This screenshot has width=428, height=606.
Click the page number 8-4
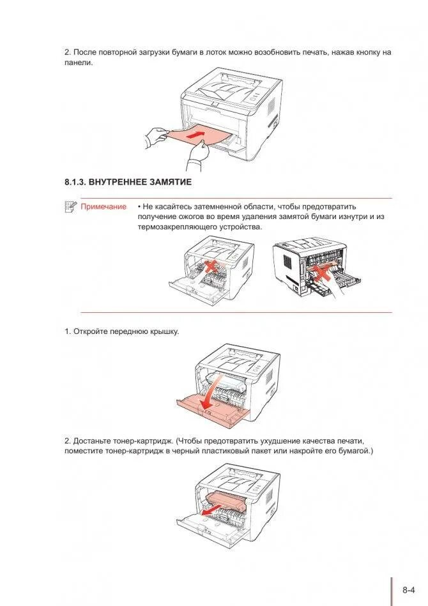(x=409, y=590)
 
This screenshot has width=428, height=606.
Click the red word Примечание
(x=103, y=207)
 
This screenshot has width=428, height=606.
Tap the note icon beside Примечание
(x=70, y=206)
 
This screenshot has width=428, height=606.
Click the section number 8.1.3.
(x=75, y=182)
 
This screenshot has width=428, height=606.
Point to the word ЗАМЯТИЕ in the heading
(x=171, y=182)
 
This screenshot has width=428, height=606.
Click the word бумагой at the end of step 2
(x=355, y=451)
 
